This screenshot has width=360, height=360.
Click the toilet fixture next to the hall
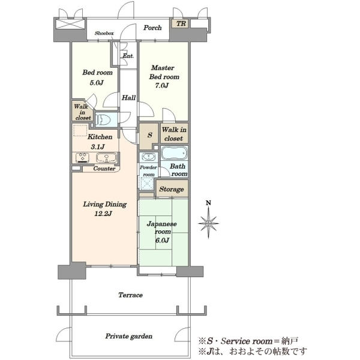coord(103,119)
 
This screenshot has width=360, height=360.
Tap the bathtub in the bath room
coord(174,153)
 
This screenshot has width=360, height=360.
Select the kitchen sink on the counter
coord(106,157)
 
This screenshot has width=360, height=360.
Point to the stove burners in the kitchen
coord(83,157)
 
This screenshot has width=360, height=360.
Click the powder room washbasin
coord(148,157)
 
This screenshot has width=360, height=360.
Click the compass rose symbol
coord(208,223)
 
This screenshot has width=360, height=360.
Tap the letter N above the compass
coord(208,203)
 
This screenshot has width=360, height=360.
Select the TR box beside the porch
coord(180,23)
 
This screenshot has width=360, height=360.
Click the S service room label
coord(149,135)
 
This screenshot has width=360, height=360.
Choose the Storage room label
coord(172,189)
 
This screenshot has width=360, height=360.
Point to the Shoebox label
coord(104,33)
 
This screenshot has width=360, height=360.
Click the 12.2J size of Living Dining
coord(103,214)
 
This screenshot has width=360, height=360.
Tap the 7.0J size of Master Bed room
coord(161,86)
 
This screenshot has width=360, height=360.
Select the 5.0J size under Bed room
coord(97,82)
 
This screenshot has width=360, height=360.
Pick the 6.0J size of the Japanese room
coord(162,240)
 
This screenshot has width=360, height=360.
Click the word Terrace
coord(130,295)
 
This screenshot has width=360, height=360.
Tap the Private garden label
coord(129,337)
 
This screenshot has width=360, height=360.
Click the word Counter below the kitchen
coord(104,169)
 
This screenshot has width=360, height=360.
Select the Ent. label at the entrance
coord(128,56)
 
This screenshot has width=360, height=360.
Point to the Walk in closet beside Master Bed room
coord(174,134)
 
